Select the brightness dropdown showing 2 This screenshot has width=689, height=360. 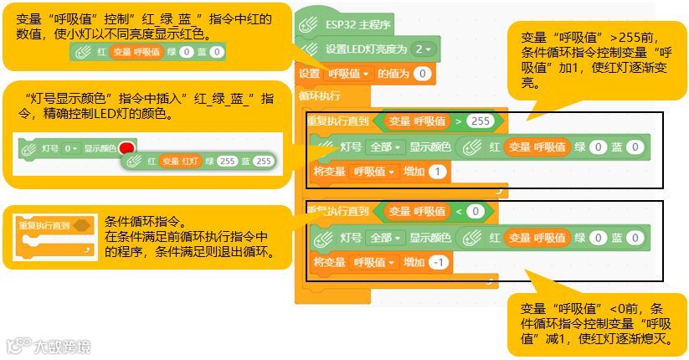424,49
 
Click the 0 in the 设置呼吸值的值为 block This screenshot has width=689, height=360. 421,75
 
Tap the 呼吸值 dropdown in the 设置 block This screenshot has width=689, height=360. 347,75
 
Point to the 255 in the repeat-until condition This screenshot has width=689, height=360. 480,121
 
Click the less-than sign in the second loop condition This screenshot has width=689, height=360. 460,211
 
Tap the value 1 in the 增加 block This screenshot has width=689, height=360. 439,172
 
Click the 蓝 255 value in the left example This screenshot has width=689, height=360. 263,161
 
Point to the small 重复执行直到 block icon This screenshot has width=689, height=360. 52,235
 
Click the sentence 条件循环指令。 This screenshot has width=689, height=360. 143,223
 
